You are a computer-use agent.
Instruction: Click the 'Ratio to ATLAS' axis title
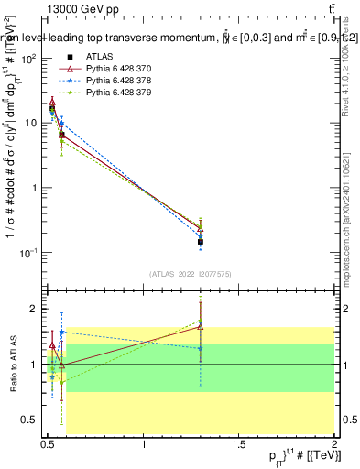pos(12,365)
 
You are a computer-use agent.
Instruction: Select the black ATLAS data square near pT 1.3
pos(201,242)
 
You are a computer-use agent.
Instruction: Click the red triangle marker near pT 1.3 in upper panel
pos(201,227)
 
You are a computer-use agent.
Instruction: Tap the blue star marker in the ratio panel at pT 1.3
pos(201,349)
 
